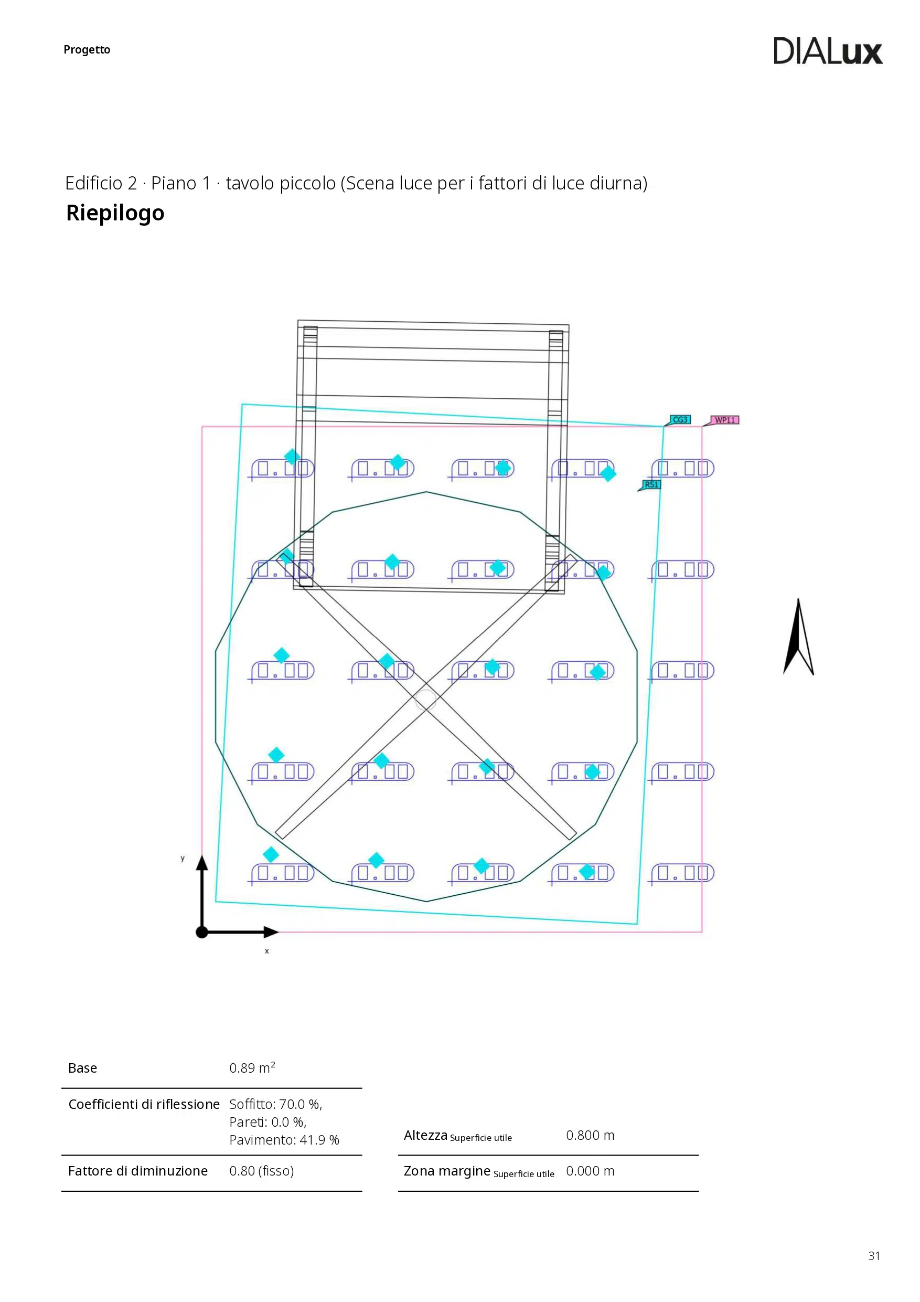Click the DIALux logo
[x=827, y=51]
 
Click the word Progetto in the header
[x=87, y=50]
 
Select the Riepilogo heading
[x=115, y=213]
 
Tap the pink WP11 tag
[x=724, y=420]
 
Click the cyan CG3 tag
[x=680, y=420]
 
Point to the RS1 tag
[x=651, y=485]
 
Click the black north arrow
[x=798, y=638]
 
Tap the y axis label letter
[x=183, y=859]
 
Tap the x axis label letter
[x=266, y=951]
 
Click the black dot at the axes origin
[x=202, y=931]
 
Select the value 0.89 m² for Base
[x=252, y=1068]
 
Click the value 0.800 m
[x=590, y=1135]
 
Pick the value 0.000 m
[x=590, y=1171]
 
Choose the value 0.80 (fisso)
[x=261, y=1171]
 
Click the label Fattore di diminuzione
[x=138, y=1171]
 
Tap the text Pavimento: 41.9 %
[x=284, y=1140]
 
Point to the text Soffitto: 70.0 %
[x=275, y=1104]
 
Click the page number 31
[x=874, y=1256]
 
